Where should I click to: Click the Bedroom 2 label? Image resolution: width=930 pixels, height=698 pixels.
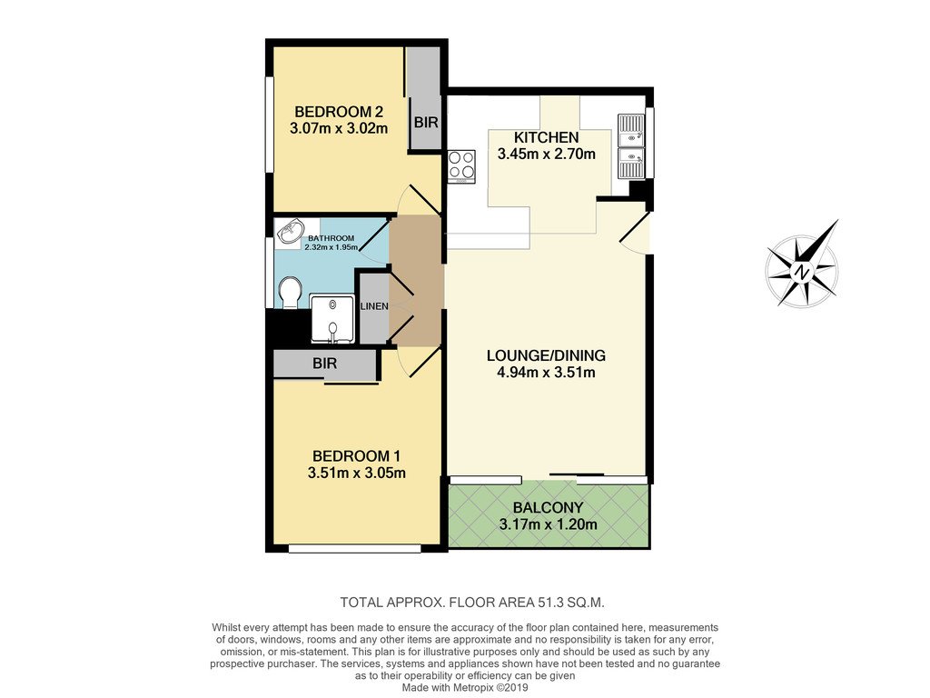pos(339,112)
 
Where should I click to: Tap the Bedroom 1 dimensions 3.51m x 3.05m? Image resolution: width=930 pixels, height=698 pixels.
pos(356,473)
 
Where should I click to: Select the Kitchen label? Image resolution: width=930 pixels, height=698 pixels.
pos(546,137)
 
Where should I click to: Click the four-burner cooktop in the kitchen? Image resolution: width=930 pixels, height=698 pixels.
pos(462,165)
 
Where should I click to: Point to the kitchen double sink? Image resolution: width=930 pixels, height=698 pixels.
pos(631,146)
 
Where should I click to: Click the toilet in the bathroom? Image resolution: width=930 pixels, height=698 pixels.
pos(291,292)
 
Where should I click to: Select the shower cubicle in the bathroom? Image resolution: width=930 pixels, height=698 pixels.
pos(332,319)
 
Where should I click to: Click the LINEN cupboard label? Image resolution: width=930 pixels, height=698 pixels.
pos(374,306)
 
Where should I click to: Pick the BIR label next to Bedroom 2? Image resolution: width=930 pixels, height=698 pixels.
pos(426,123)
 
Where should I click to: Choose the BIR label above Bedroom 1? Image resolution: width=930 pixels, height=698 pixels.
pos(324,364)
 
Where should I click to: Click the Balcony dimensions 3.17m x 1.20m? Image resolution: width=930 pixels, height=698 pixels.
pos(548,524)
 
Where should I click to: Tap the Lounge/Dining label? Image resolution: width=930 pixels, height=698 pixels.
pos(546,355)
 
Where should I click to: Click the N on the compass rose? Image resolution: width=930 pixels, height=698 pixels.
pos(802,273)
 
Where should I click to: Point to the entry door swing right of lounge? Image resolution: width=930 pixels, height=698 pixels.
pos(636,234)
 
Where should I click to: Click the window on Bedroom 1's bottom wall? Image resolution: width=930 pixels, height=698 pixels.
pos(355,549)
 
